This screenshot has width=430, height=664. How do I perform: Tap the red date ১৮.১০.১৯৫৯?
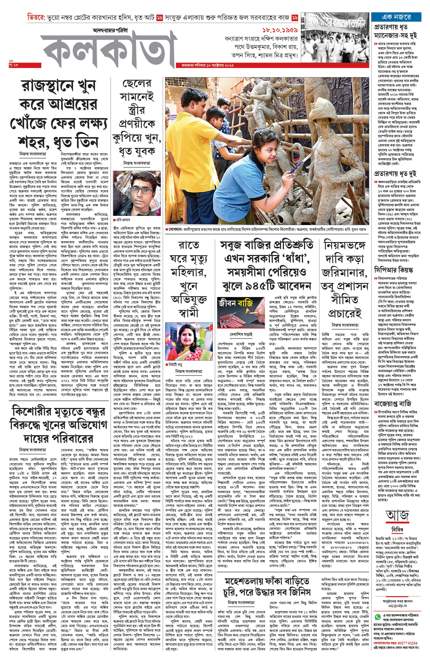(280, 30)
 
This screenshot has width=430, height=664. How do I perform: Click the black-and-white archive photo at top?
(334, 36)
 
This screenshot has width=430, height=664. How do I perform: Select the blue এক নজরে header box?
(396, 17)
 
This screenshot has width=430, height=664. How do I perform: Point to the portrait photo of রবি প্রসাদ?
(137, 193)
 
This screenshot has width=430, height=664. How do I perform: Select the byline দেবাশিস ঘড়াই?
(241, 334)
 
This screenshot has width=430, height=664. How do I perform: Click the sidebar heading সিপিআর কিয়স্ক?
(393, 270)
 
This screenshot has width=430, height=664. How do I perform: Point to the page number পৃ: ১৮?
(14, 65)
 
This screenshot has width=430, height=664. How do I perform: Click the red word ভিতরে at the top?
(36, 17)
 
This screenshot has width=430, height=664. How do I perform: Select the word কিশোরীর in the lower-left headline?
(35, 412)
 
